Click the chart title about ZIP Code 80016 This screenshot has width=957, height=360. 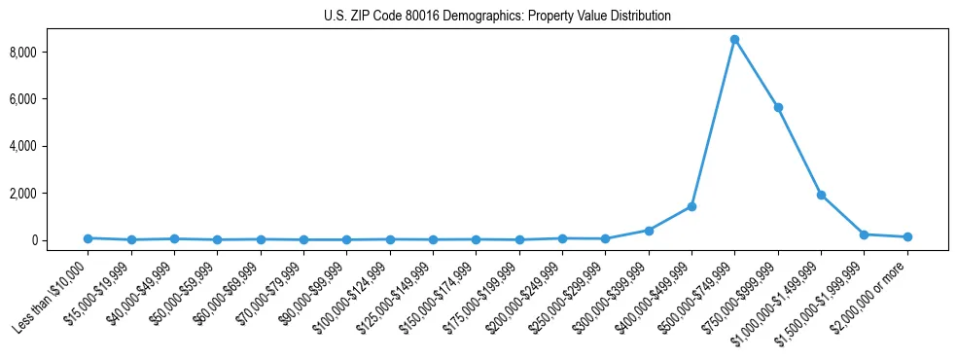click(497, 17)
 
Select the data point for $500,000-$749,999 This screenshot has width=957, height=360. click(734, 40)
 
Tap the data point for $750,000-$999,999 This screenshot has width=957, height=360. click(778, 107)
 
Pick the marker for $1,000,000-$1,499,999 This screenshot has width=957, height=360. click(821, 195)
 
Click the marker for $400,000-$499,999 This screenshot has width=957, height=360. click(691, 206)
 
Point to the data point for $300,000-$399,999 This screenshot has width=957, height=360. click(649, 231)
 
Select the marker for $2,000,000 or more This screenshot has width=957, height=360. click(907, 236)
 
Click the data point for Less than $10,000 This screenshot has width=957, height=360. click(88, 238)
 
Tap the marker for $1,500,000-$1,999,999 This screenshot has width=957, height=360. click(864, 234)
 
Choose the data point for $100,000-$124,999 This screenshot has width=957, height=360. click(390, 239)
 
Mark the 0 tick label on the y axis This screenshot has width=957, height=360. click(60, 240)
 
